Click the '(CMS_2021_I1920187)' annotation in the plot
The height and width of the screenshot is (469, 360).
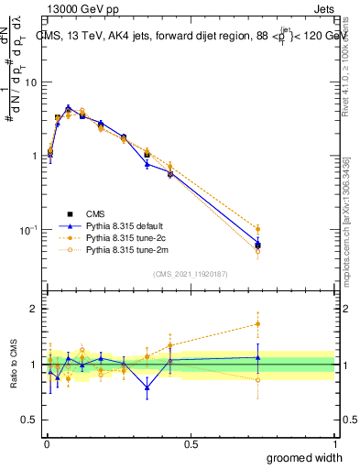coord(190,274)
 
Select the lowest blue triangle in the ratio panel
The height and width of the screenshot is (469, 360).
coord(147,387)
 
